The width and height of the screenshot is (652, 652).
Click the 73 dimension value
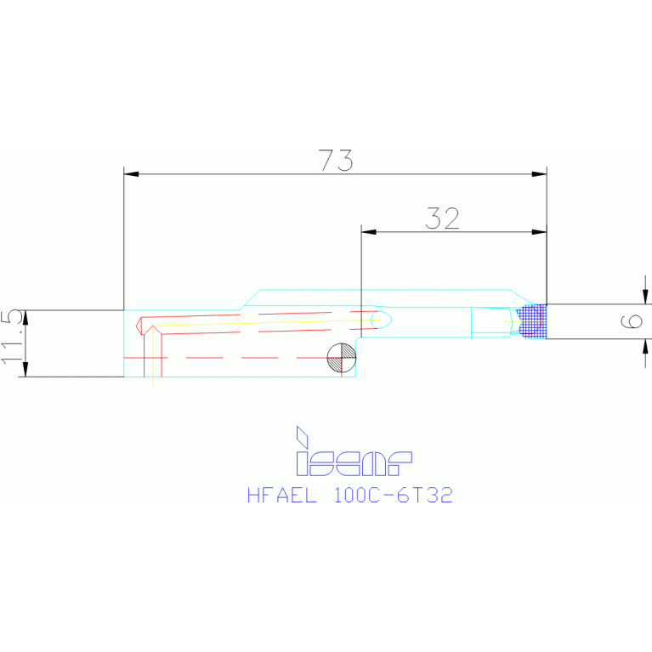click(x=335, y=161)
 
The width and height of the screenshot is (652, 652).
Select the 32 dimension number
click(x=442, y=219)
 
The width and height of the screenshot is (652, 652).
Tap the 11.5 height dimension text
click(x=13, y=337)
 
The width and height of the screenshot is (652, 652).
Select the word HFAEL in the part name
click(x=280, y=495)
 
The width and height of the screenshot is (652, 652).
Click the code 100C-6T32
click(x=394, y=495)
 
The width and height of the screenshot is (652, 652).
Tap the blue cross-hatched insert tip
click(x=532, y=322)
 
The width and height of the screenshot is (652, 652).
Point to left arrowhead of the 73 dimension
click(x=132, y=174)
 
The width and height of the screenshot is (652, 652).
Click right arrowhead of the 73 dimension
click(x=539, y=174)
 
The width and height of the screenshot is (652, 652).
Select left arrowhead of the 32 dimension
click(x=368, y=232)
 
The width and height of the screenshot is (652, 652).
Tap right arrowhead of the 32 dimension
click(x=539, y=232)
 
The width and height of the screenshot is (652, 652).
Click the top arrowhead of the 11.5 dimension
click(x=26, y=317)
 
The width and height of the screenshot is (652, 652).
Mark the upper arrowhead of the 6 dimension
click(x=646, y=297)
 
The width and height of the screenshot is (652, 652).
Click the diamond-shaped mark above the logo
click(x=301, y=436)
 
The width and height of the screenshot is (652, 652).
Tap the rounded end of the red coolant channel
click(x=383, y=319)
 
